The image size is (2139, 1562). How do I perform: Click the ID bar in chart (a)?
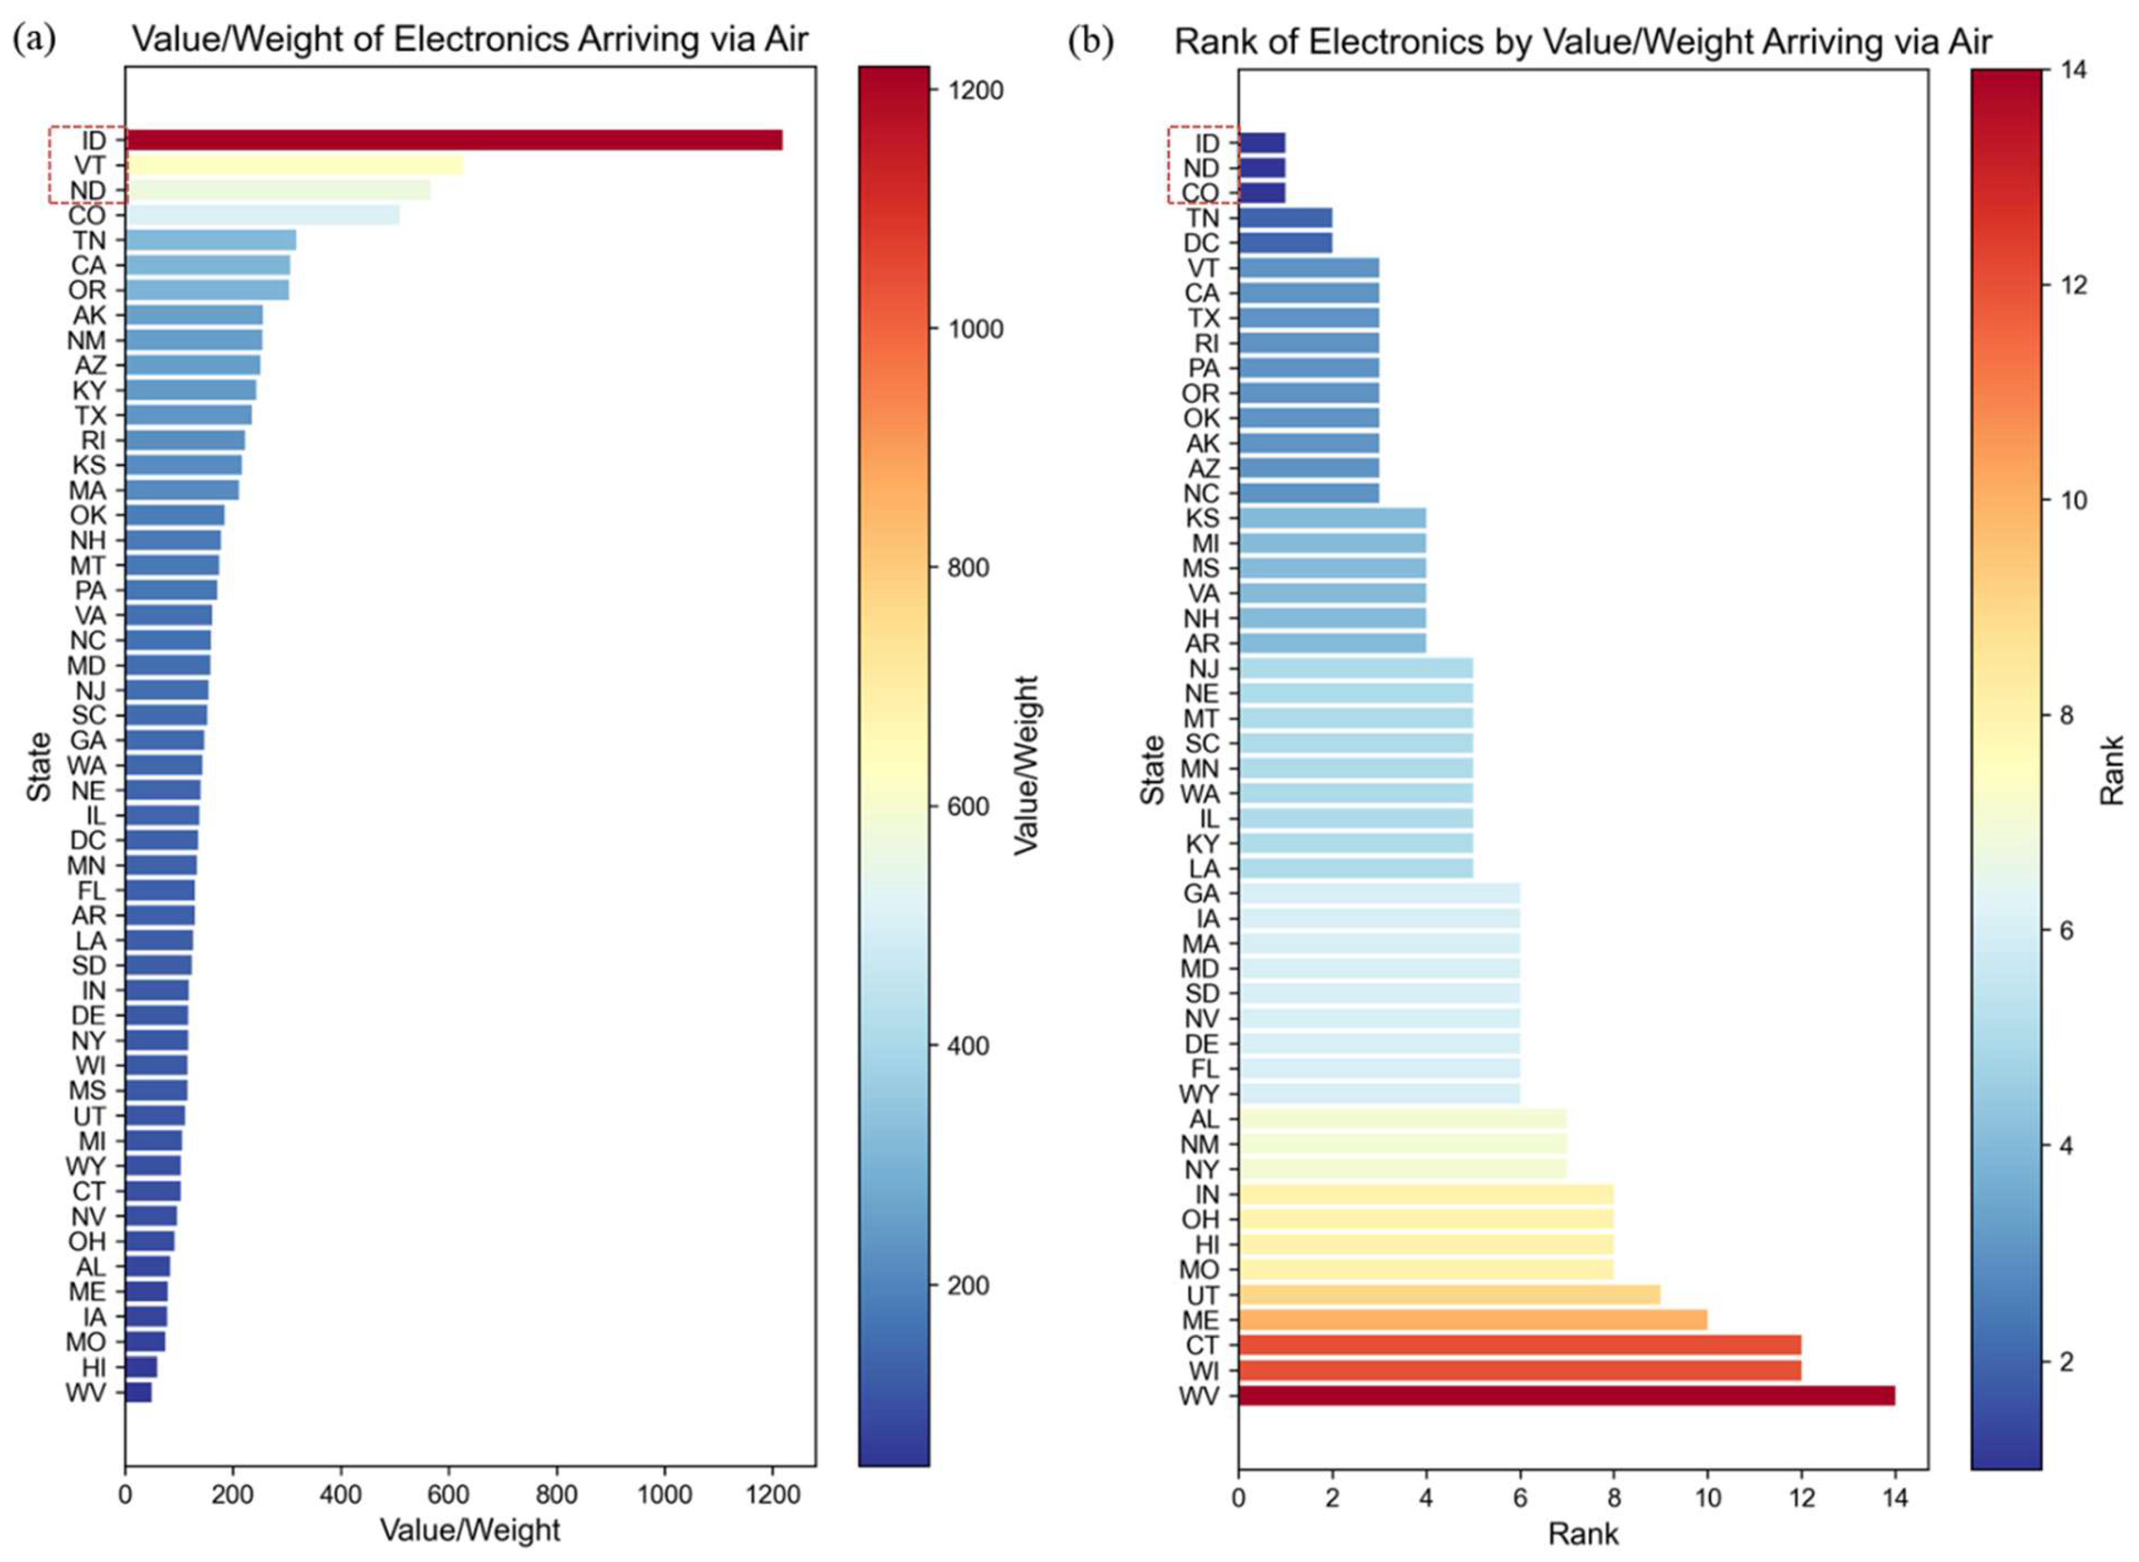point(454,140)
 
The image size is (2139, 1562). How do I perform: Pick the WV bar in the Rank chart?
point(1566,1396)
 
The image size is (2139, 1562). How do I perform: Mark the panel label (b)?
point(1091,40)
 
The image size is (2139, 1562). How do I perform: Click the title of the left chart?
point(470,40)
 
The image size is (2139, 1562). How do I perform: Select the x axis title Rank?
point(1582,1534)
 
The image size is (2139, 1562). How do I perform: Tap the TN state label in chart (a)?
point(90,240)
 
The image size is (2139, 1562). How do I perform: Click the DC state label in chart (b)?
point(1201,243)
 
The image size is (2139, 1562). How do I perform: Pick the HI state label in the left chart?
point(92,1367)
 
